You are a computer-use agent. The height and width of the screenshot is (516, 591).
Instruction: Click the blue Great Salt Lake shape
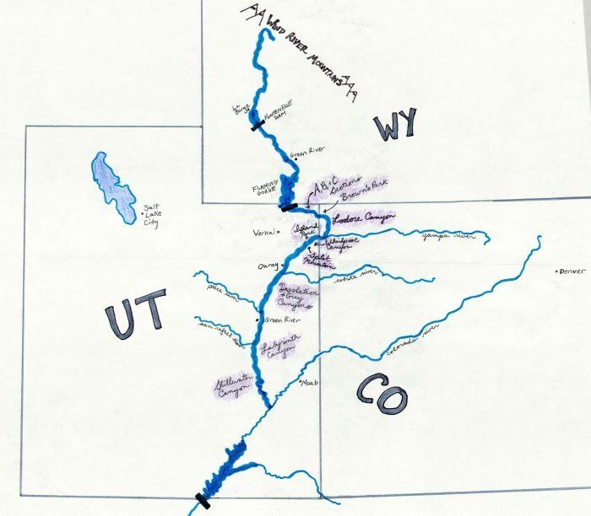(x=112, y=185)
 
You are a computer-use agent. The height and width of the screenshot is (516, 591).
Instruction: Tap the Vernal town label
(x=264, y=233)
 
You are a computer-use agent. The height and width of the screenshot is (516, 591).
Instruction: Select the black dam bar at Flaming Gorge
(x=289, y=207)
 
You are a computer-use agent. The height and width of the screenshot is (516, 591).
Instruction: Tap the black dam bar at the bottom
(x=202, y=500)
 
